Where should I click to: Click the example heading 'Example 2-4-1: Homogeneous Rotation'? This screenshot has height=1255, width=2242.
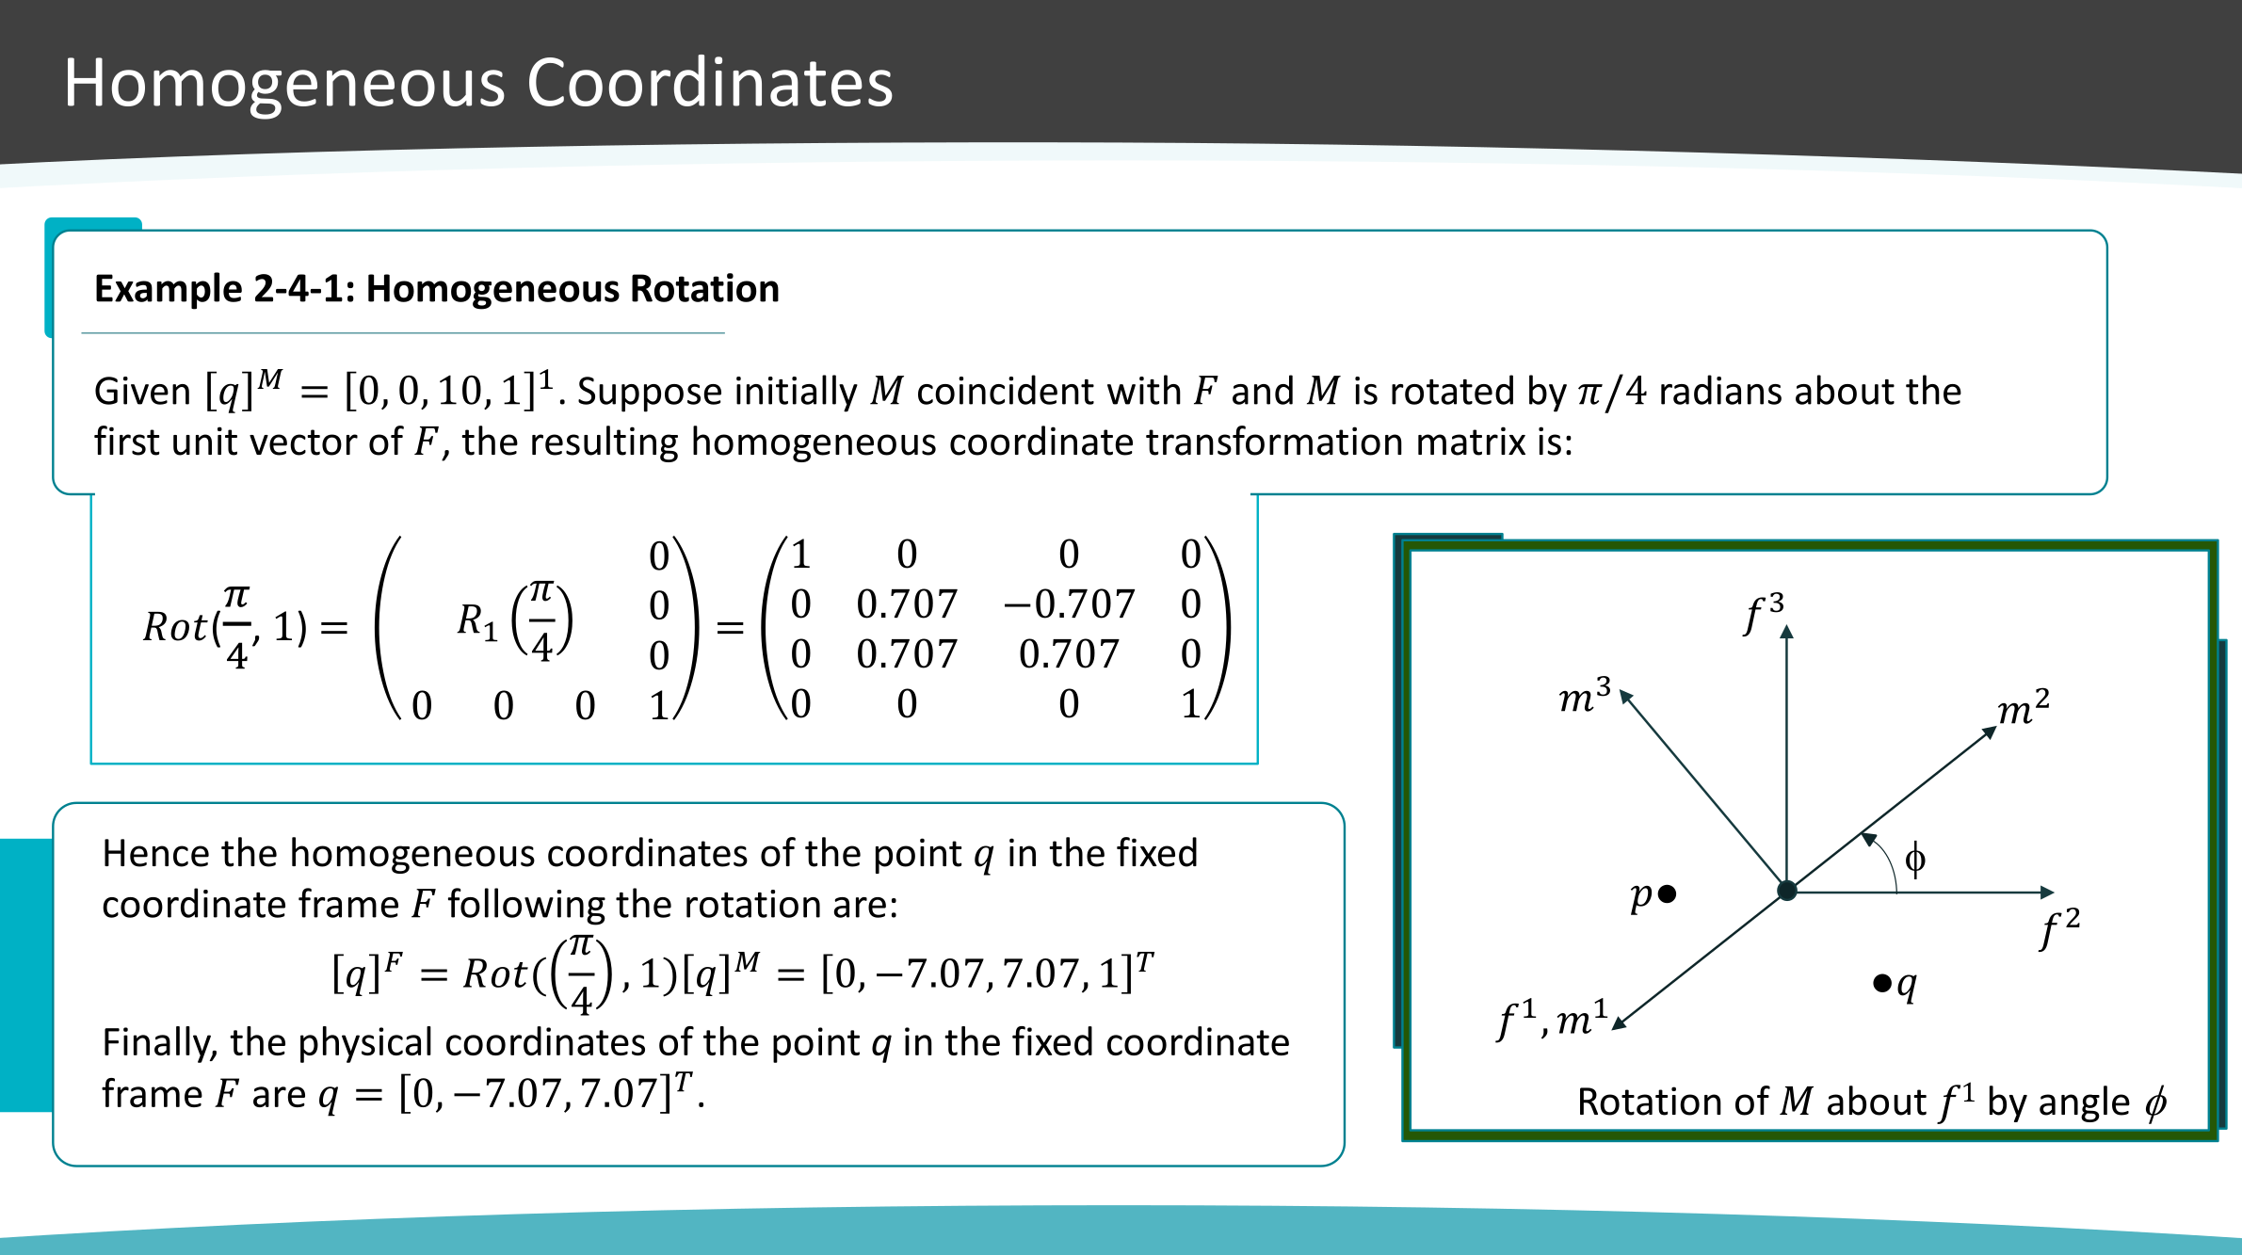(x=437, y=289)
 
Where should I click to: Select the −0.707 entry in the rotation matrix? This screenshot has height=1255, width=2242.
(x=1069, y=604)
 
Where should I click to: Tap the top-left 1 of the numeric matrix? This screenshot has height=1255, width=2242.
(x=800, y=555)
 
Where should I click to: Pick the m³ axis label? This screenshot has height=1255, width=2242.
(x=1585, y=696)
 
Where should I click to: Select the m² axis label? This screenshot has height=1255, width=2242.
(x=2024, y=708)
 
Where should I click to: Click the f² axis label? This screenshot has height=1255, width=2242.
(x=2059, y=928)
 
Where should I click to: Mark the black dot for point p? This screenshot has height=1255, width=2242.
(x=1667, y=893)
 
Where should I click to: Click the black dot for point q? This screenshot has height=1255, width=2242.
(x=1882, y=984)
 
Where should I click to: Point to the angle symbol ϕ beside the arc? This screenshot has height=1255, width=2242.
(x=1914, y=860)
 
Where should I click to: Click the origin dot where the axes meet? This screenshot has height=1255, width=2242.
(x=1786, y=891)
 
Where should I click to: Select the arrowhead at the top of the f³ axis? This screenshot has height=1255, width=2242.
(x=1786, y=632)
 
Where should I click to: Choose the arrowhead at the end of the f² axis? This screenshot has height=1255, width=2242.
(x=2046, y=892)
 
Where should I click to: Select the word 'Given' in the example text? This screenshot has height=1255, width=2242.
(x=142, y=392)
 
